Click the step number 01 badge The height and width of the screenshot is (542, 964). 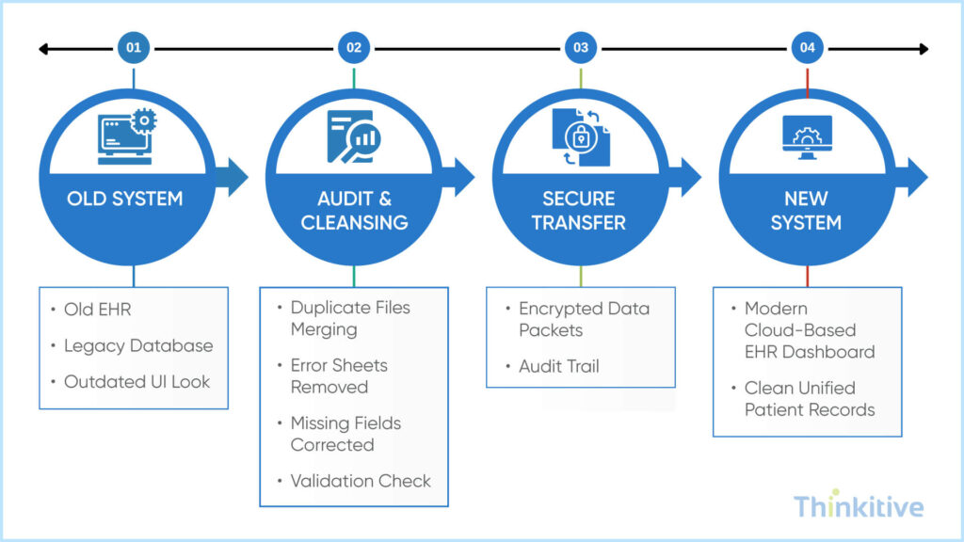(134, 47)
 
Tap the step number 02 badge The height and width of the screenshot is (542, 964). (354, 47)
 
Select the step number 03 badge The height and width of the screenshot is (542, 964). (581, 47)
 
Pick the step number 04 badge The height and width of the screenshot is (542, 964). (807, 47)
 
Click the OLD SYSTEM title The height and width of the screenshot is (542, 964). (124, 199)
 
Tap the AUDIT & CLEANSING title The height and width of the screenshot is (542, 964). (354, 211)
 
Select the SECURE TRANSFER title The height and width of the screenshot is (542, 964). (579, 211)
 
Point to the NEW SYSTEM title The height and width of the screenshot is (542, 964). (806, 211)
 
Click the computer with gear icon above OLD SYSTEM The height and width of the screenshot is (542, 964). (125, 137)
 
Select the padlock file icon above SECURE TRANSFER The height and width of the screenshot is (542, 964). (579, 139)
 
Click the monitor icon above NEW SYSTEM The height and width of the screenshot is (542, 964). (806, 138)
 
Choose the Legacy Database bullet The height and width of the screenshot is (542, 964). (137, 345)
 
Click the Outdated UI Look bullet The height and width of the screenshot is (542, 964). (137, 382)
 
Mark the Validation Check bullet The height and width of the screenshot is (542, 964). (360, 481)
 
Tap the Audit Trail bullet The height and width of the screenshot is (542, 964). (559, 366)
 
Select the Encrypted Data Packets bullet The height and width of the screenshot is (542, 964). (584, 319)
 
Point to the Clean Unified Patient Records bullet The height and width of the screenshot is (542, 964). (810, 399)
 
